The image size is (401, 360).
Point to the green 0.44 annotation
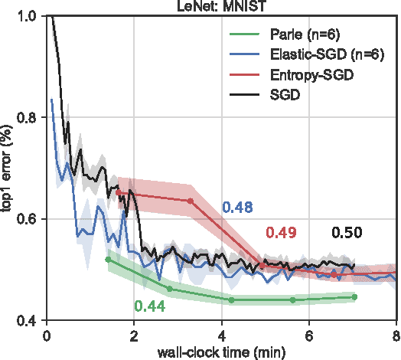tap(149, 306)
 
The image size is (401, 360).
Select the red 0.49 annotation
tap(282, 234)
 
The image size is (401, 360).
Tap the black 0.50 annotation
tap(347, 234)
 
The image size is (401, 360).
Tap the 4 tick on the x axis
tap(221, 334)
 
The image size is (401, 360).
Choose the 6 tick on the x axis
tap(308, 334)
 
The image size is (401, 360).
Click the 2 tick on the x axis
tap(134, 334)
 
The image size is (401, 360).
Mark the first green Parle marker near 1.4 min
tap(108, 260)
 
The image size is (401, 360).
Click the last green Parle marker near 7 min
tap(354, 296)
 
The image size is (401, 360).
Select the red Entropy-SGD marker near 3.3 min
tap(191, 201)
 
